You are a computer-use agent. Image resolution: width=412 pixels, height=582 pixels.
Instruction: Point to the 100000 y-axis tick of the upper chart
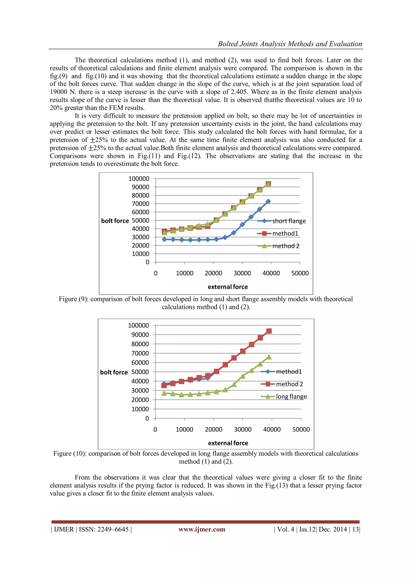pyautogui.click(x=139, y=179)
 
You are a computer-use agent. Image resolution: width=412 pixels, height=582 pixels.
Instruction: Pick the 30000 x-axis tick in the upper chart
pyautogui.click(x=242, y=273)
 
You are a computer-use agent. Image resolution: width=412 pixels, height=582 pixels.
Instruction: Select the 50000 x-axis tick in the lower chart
pyautogui.click(x=301, y=429)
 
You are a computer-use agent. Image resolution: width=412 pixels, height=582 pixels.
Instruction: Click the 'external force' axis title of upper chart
pyautogui.click(x=228, y=287)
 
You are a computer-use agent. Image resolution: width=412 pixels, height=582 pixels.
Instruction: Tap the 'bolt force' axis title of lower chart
pyautogui.click(x=114, y=372)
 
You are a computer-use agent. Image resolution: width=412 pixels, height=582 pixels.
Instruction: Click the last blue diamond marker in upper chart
pyautogui.click(x=268, y=201)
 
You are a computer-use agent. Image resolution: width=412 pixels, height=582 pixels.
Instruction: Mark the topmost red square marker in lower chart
pyautogui.click(x=269, y=331)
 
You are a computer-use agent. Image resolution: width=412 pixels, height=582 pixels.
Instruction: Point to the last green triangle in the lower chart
pyautogui.click(x=269, y=357)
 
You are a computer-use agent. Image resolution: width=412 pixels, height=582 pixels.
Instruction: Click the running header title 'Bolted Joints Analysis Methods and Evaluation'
pyautogui.click(x=290, y=44)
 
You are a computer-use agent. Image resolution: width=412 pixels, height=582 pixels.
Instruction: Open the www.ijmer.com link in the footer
pyautogui.click(x=202, y=529)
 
